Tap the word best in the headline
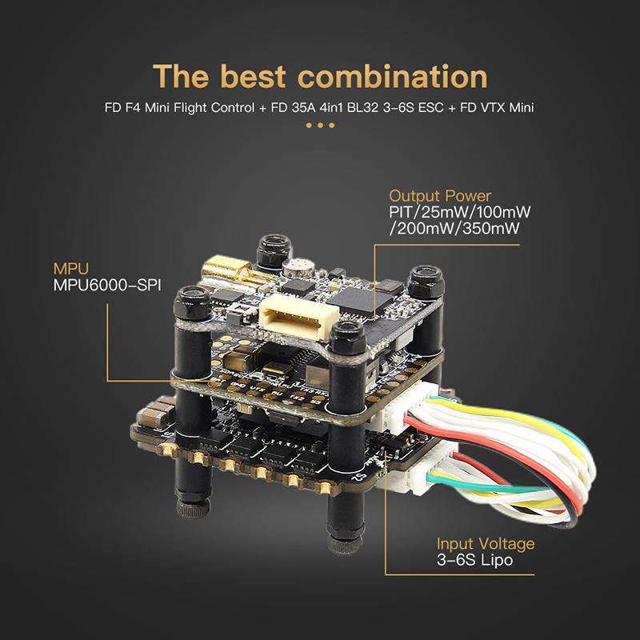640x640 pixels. coord(253,76)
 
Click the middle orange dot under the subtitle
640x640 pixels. coord(320,126)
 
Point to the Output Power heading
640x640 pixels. coord(440,196)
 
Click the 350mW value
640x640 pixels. coord(491,228)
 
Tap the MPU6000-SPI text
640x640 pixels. coord(107,285)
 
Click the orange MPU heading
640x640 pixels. coord(70,269)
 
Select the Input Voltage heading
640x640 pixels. coord(486,544)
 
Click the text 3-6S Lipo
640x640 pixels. coord(474,560)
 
